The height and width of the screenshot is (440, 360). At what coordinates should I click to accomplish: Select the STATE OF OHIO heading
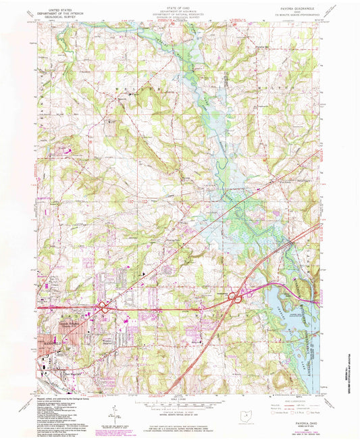178,6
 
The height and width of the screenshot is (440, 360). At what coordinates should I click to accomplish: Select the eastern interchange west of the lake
237,295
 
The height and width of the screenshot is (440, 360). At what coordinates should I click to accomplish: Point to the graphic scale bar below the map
179,404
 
